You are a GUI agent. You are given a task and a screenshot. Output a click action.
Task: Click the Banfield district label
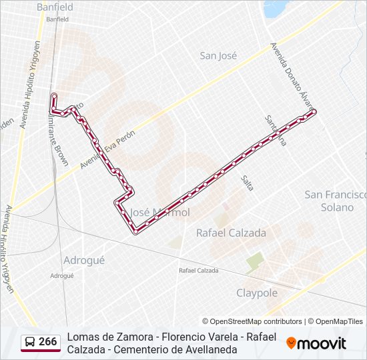[55, 7]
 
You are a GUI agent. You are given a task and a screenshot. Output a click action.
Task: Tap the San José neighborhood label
[218, 56]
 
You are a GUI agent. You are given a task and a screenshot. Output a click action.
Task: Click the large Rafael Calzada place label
[231, 233]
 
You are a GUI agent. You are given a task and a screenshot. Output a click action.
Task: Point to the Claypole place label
[257, 293]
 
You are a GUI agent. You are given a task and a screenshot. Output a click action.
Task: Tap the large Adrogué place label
[83, 261]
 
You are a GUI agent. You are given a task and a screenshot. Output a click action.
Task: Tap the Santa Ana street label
[275, 130]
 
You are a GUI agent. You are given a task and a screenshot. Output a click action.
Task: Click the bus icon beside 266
[31, 342]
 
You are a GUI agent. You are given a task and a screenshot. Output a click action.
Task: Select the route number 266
[48, 342]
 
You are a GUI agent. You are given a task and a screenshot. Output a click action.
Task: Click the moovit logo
[316, 343]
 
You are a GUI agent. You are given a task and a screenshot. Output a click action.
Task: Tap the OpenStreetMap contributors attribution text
[252, 321]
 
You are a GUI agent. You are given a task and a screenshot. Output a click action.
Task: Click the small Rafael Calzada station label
[198, 271]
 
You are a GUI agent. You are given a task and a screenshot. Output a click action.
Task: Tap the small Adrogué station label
[62, 275]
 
